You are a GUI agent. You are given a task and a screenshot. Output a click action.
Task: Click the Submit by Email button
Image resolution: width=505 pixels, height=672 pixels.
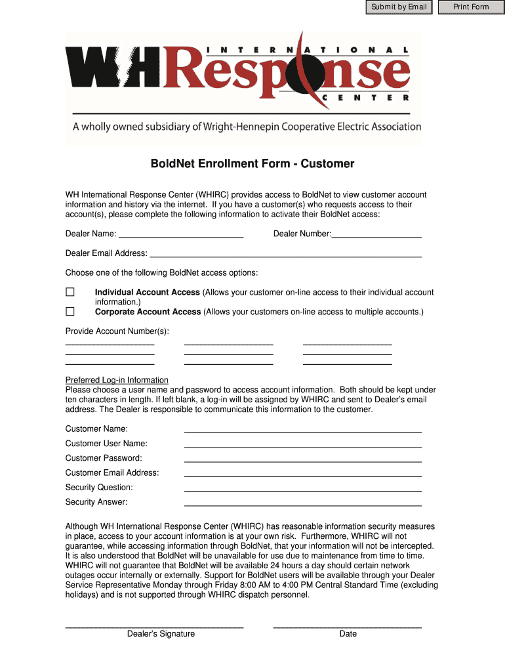pos(399,7)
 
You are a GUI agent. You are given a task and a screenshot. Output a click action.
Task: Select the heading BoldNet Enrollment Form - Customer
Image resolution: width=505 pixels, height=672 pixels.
pos(253,164)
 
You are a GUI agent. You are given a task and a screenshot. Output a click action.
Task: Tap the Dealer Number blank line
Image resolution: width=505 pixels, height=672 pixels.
pos(376,233)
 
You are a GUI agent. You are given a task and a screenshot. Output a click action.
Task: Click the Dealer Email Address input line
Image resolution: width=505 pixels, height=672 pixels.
pos(285,253)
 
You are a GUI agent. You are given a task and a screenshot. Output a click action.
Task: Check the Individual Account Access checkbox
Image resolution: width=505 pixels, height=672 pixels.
pos(70,292)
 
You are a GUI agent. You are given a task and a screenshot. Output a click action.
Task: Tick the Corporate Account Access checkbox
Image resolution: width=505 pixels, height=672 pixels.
pos(70,312)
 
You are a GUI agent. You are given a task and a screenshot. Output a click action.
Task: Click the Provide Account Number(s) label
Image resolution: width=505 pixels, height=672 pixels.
pos(117,331)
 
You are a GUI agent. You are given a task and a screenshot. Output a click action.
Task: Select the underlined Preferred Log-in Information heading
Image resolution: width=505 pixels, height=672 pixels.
pos(117,380)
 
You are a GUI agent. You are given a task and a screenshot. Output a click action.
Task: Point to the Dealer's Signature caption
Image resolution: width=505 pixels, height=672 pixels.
pos(161,634)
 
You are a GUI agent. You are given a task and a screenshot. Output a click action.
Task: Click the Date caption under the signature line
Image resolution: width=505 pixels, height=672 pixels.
pos(348,634)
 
